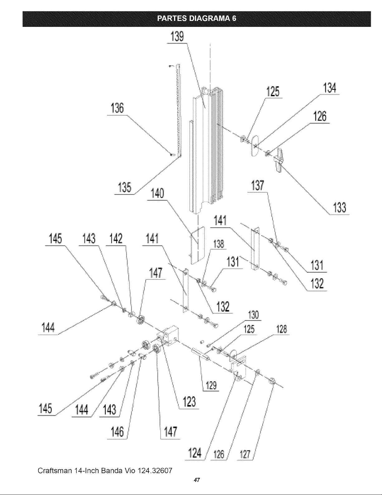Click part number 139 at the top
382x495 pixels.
tap(177, 37)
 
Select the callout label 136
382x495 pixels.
tap(117, 108)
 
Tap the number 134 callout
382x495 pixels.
tap(329, 88)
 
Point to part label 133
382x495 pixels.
tap(340, 208)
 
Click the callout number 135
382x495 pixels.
tap(125, 187)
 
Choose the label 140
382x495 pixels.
tap(157, 193)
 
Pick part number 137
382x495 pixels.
tap(258, 186)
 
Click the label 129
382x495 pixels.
tap(211, 386)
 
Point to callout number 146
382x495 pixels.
tap(117, 432)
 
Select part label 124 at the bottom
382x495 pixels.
tap(195, 453)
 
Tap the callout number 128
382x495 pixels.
tap(282, 329)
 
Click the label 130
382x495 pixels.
tap(254, 315)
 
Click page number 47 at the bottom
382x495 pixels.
tap(197, 480)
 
